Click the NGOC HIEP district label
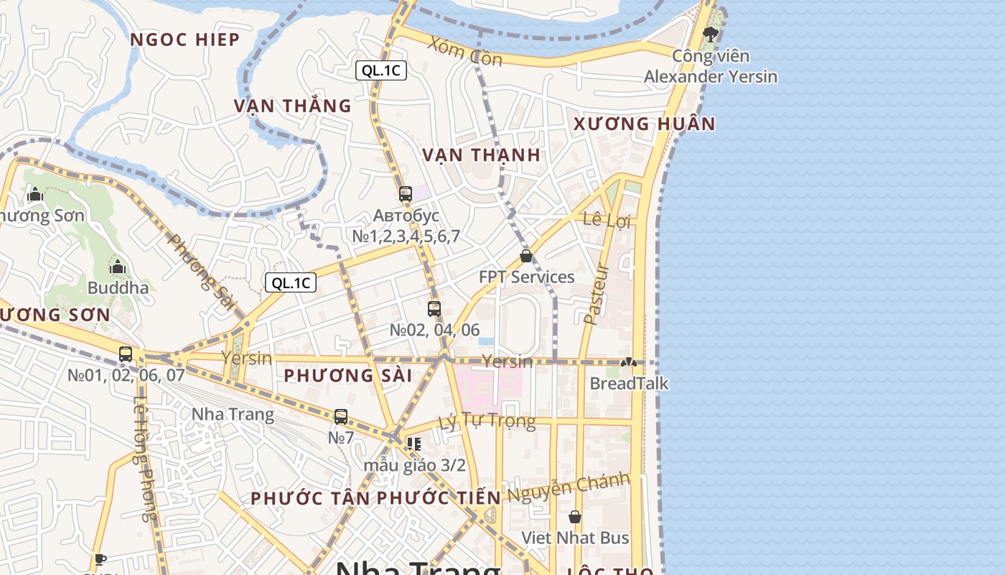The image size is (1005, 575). (184, 40)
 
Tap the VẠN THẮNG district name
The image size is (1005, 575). (292, 106)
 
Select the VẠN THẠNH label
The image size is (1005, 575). (481, 155)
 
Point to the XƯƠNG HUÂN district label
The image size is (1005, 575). (644, 124)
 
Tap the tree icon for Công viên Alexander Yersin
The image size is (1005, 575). (710, 34)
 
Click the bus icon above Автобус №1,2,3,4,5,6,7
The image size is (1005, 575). (406, 193)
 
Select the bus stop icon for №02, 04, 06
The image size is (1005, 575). (434, 309)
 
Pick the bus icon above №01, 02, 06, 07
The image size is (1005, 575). (126, 354)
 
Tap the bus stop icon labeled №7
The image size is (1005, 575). (341, 416)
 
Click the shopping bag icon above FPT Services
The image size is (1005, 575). (526, 256)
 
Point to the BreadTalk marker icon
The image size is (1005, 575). (629, 363)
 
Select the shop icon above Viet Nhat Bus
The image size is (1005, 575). (575, 517)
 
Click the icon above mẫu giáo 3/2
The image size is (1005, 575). (413, 444)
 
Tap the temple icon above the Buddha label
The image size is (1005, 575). (118, 267)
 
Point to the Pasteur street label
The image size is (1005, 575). (596, 294)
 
